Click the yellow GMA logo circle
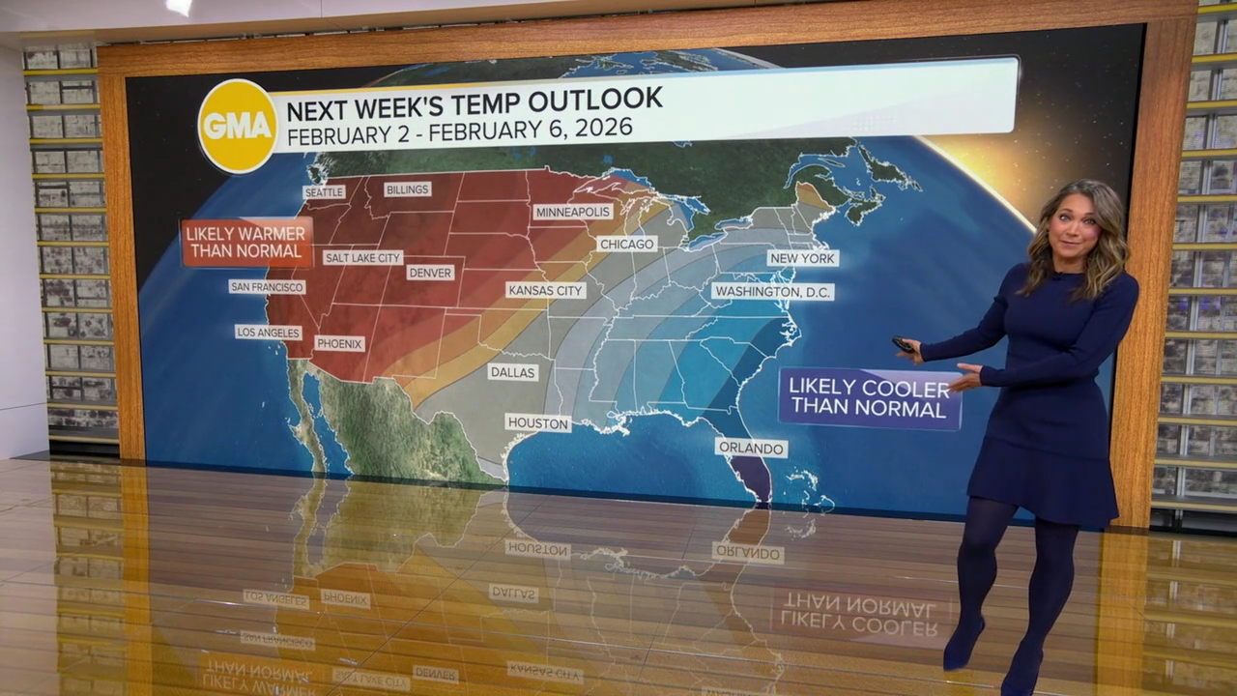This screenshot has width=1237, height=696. click(237, 126)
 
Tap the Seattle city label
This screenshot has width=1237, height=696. click(324, 192)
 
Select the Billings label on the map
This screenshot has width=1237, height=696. click(407, 189)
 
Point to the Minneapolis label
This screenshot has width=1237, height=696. click(573, 212)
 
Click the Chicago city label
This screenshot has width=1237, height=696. click(626, 244)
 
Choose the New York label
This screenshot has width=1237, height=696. click(803, 258)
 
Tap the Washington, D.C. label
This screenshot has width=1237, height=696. click(772, 291)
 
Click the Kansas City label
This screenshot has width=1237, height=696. click(546, 290)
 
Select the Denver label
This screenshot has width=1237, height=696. click(430, 273)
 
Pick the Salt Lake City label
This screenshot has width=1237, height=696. click(362, 258)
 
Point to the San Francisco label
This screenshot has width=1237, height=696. click(267, 287)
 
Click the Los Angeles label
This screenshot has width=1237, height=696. click(268, 333)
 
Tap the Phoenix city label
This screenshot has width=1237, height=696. click(339, 343)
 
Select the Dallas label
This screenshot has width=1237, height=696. click(512, 371)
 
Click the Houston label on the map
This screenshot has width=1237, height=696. click(537, 422)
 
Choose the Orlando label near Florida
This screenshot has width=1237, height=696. click(751, 448)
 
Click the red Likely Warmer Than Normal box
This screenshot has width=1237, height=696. click(246, 243)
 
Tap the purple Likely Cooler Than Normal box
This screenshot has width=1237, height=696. click(869, 398)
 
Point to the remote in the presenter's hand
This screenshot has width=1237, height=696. click(904, 343)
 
